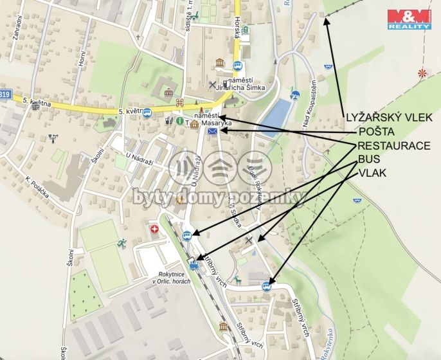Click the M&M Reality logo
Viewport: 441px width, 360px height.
(x=408, y=19)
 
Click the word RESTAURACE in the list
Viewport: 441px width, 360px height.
(x=393, y=146)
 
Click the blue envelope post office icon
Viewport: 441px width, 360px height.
(x=212, y=131)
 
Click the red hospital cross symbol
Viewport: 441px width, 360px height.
(x=154, y=229)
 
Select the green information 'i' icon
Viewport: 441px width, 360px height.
(x=180, y=120)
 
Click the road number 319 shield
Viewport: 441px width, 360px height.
(x=5, y=94)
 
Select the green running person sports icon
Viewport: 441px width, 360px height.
(x=121, y=243)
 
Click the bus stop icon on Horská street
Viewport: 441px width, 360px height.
(x=237, y=65)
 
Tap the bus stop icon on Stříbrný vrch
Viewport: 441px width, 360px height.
(x=267, y=286)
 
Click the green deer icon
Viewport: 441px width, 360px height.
(x=237, y=280)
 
